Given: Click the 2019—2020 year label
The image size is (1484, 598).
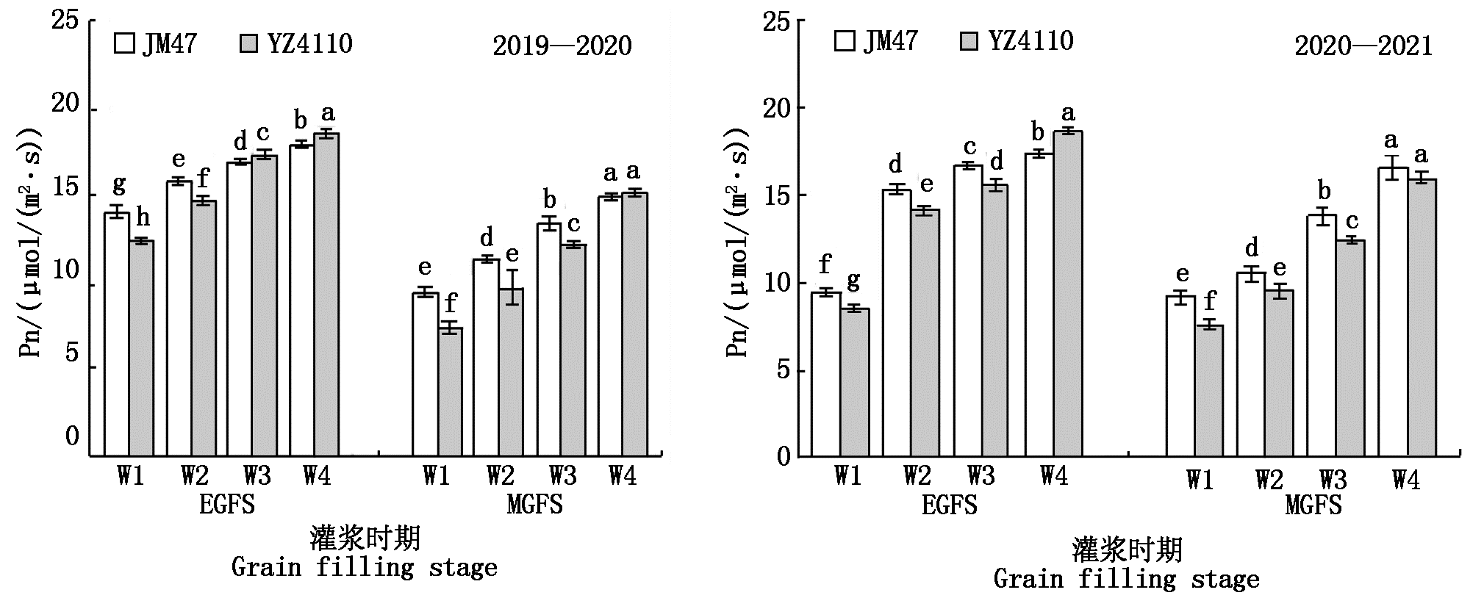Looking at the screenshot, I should coord(562,46).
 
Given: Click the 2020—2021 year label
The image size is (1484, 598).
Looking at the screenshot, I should coord(1363,47).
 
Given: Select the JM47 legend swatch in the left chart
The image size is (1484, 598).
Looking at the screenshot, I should coord(124,44).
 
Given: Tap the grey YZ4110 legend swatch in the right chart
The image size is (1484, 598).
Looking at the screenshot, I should coord(970,41).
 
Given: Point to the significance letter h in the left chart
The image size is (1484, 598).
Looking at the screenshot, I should coord(143,217).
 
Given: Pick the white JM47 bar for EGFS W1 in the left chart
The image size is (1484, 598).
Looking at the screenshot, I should coord(117,334).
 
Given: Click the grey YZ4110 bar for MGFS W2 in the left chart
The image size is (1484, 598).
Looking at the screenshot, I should coord(511,371).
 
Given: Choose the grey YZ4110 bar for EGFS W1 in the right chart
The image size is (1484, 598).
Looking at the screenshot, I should coord(855,382).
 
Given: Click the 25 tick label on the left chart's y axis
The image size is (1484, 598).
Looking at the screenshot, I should coord(65,20).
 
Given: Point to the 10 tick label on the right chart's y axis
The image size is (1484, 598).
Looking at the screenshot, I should coord(780,284).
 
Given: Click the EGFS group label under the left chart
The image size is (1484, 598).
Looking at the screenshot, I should coord(227,505).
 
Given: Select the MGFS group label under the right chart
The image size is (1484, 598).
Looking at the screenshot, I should coord(1313,506).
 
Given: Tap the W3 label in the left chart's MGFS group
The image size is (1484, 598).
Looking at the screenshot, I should coord(562,477).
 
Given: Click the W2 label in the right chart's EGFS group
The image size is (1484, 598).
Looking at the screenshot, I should coord(917,477).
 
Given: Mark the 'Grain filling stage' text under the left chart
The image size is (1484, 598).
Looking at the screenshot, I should coord(364,567).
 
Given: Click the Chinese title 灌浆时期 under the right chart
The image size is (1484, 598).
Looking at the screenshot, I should coord(1127,550).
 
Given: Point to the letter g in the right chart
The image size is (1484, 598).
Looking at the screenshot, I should coord(853,281).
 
